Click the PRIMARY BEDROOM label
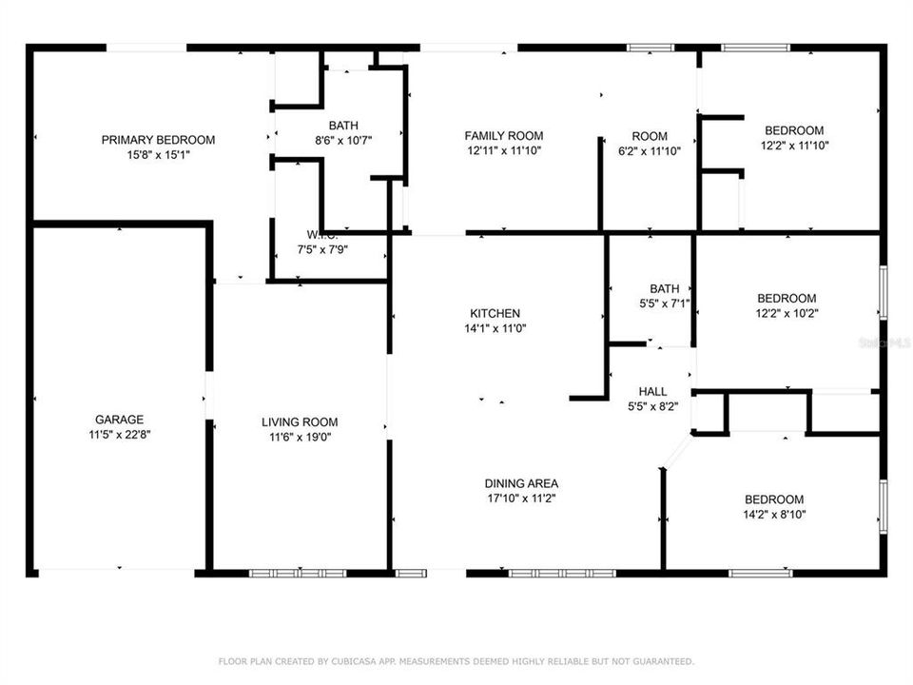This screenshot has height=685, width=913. coord(158,140)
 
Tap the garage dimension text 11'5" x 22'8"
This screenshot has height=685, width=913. coord(119,435)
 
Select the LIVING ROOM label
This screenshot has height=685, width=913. coord(300,422)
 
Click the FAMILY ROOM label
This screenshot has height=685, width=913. coord(504,136)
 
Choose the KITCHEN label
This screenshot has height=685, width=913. coord(495,313)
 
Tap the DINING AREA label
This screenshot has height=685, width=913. coord(521,483)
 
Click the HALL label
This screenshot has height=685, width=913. coord(652,391)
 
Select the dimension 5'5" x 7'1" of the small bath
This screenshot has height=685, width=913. coord(665,304)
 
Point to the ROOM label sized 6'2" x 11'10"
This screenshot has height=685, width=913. coord(650,136)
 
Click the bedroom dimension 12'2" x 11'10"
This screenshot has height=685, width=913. coord(795,146)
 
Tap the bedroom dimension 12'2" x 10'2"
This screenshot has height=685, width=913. coord(787,313)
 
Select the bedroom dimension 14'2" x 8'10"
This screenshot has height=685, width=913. coord(773,515)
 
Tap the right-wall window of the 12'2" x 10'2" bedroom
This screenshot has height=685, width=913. coord(883,291)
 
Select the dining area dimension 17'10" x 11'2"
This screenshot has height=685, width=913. coord(521,499)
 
